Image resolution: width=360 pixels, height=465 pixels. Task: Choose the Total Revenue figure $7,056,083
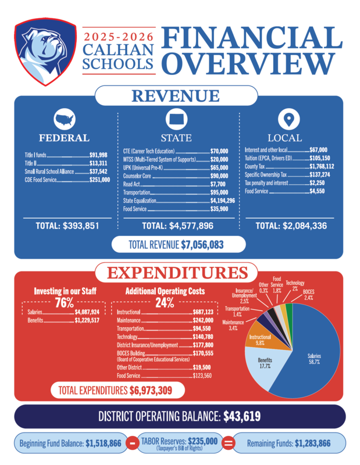(x=202, y=245)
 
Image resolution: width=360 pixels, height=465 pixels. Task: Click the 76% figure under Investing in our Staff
(x=64, y=303)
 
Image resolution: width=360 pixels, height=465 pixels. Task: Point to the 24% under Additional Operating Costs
(x=165, y=303)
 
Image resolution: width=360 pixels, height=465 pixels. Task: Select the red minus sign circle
(x=132, y=443)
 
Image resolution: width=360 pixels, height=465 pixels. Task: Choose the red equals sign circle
(x=229, y=443)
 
